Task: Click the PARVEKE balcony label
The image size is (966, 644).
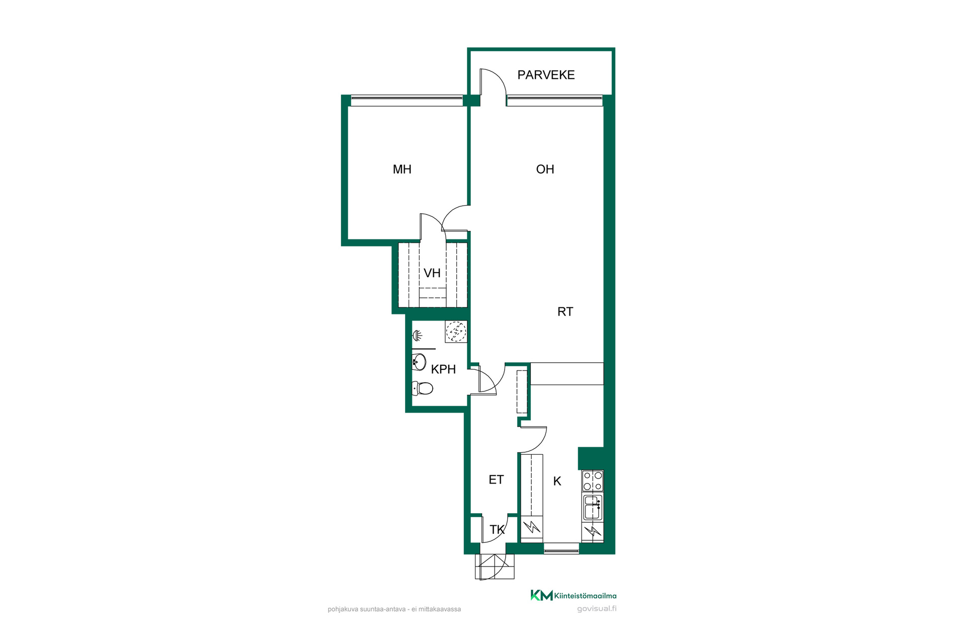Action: (x=546, y=75)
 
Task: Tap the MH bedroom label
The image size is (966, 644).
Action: (x=402, y=170)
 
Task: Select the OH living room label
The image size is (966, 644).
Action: (x=545, y=170)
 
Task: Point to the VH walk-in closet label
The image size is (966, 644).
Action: (x=432, y=273)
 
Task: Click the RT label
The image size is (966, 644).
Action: (x=565, y=312)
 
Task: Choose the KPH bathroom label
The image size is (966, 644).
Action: (x=443, y=369)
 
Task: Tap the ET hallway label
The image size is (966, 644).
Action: (x=496, y=480)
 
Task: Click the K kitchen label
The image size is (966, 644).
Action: (x=557, y=481)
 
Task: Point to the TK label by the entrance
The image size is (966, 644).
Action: (x=497, y=530)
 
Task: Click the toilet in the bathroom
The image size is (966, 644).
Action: (x=423, y=388)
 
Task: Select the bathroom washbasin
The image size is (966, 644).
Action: (x=419, y=362)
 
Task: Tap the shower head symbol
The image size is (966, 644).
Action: (x=417, y=335)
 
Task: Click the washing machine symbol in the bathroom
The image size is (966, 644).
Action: (x=456, y=332)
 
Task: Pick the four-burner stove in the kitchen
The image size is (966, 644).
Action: (x=593, y=481)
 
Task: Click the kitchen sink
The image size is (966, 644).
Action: (x=593, y=508)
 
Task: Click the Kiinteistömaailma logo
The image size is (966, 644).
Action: (x=574, y=596)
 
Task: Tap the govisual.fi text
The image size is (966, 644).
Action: (x=597, y=609)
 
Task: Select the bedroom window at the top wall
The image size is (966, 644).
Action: (x=407, y=100)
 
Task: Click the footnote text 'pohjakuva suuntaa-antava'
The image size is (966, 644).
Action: (x=367, y=609)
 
